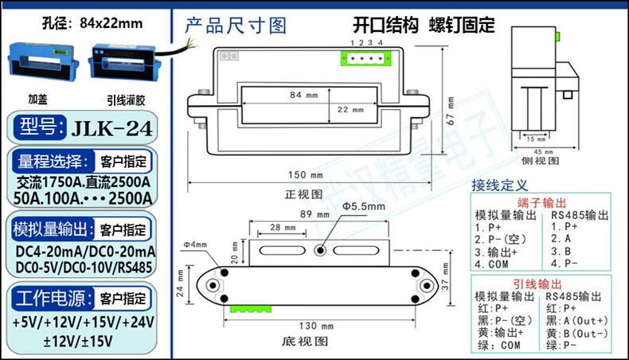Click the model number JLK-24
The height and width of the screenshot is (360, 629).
(111, 127)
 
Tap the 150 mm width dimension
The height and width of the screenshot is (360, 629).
(306, 175)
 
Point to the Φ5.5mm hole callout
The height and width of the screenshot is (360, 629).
(364, 206)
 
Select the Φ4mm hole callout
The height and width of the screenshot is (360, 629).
(194, 244)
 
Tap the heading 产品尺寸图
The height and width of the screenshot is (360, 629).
(235, 25)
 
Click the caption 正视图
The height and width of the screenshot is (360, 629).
(305, 194)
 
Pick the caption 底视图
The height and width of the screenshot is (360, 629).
(306, 341)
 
